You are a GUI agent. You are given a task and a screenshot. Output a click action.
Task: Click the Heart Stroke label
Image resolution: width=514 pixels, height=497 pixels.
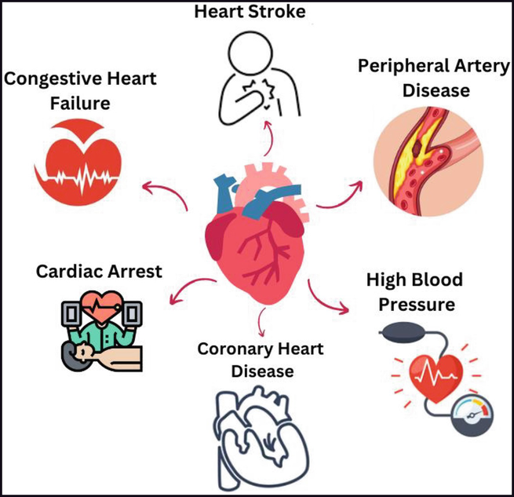(x=250, y=12)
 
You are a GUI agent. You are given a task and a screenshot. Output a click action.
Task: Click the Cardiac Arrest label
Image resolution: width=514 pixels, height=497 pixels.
(x=99, y=272)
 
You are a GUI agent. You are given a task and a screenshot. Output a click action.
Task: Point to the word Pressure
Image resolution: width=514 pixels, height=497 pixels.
(x=417, y=305)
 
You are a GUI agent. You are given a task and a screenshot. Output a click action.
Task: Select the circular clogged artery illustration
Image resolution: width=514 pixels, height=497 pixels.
(x=428, y=162)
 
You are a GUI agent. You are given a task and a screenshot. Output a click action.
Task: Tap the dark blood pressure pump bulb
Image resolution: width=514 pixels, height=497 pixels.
(x=403, y=333)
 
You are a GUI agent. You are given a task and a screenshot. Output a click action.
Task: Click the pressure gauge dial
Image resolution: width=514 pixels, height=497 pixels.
(x=472, y=415)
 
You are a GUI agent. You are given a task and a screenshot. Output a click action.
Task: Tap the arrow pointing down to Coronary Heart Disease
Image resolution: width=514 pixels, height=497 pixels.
(x=261, y=322)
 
